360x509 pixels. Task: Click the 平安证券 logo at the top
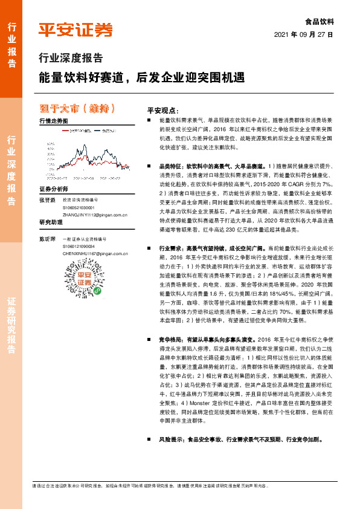[75, 29]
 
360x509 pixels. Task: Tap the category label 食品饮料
[320, 22]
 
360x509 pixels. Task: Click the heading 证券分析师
[51, 189]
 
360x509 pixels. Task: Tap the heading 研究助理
[51, 222]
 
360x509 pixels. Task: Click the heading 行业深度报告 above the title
[71, 59]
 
